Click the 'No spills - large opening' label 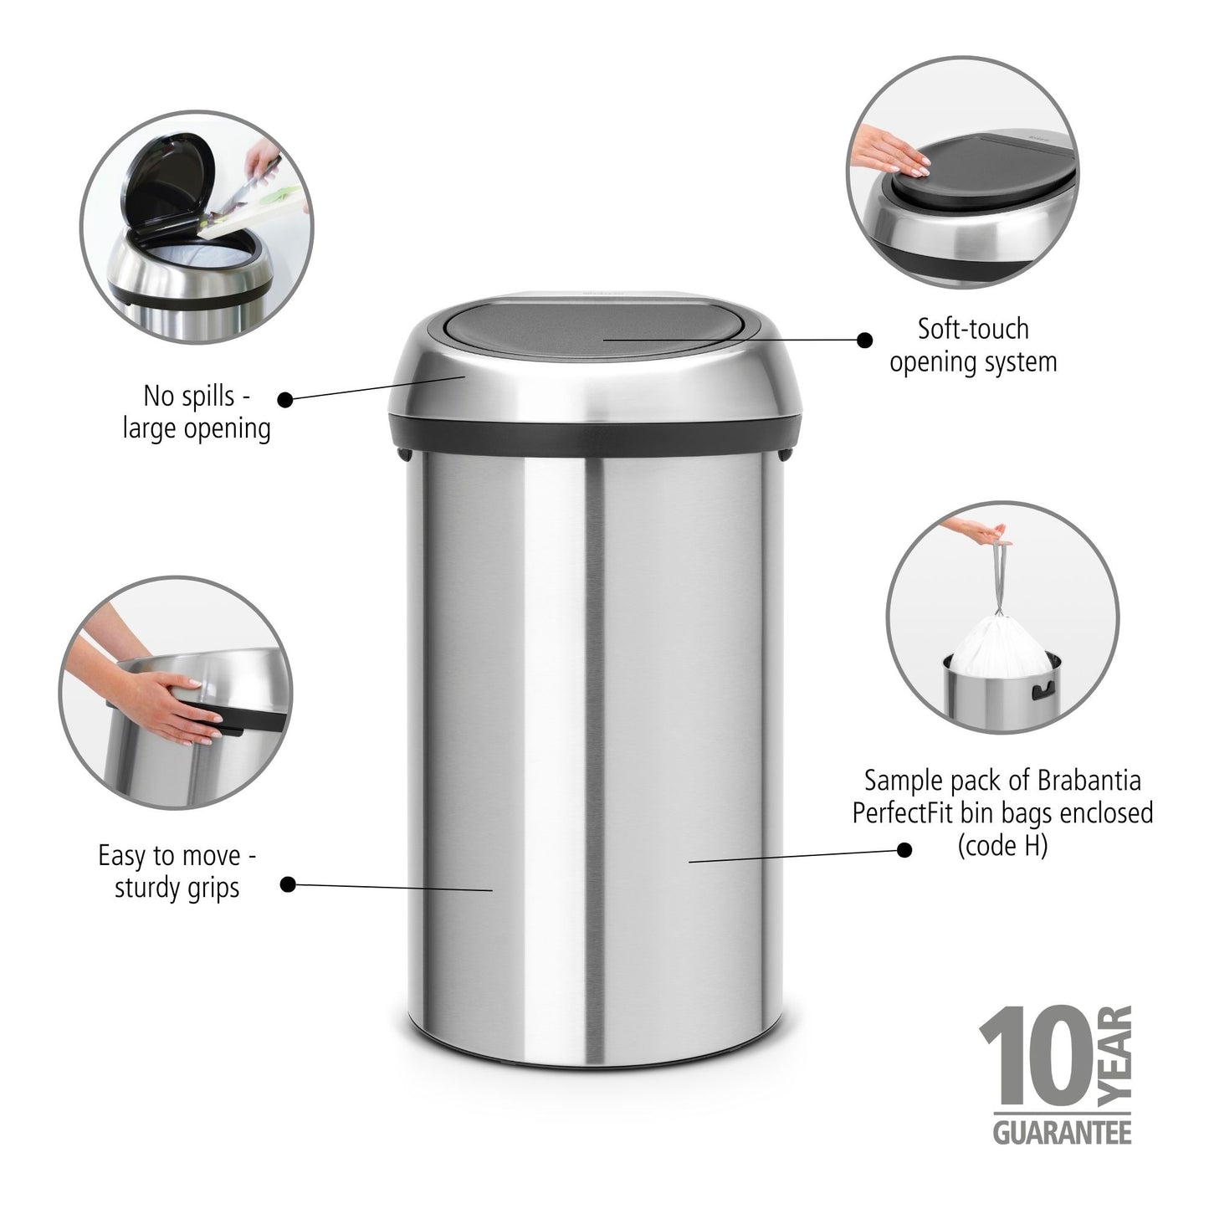click(197, 412)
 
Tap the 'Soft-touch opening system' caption click(973, 345)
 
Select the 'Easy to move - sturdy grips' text click(177, 871)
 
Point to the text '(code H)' click(1002, 846)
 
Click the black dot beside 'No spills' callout click(285, 400)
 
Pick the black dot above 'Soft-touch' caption click(865, 340)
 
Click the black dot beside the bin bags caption click(904, 850)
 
